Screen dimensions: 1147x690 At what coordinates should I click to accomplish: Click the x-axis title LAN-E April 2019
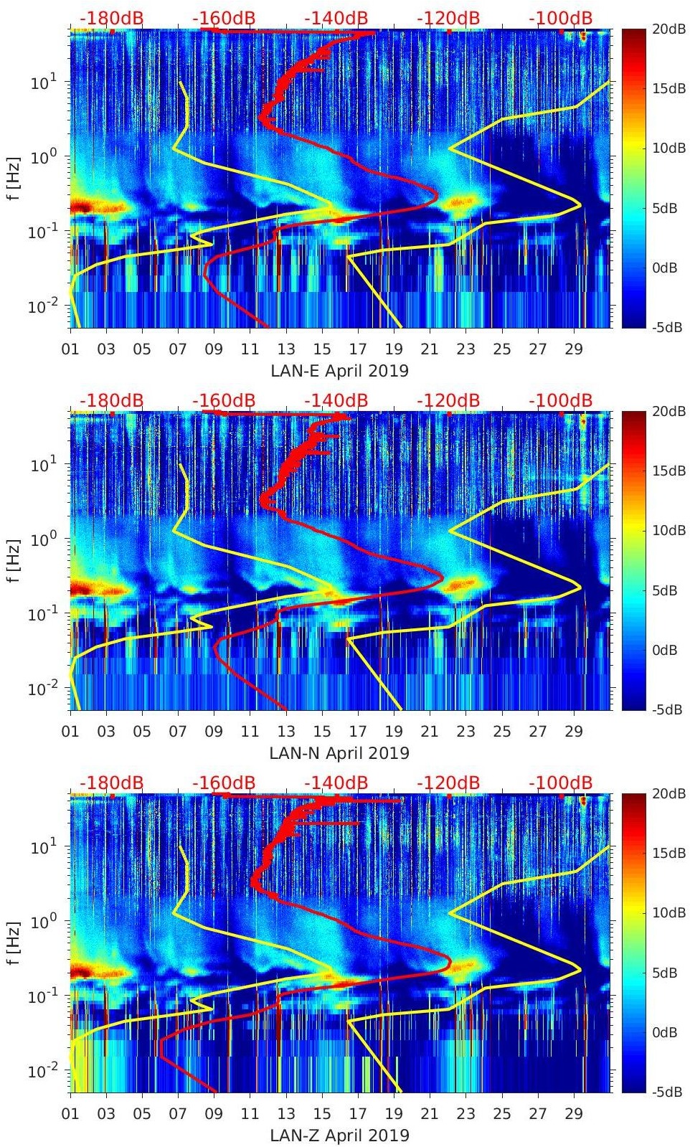pyautogui.click(x=339, y=371)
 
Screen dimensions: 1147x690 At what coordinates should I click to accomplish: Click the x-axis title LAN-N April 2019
pyautogui.click(x=339, y=753)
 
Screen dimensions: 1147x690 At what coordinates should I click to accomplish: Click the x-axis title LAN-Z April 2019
pyautogui.click(x=339, y=1136)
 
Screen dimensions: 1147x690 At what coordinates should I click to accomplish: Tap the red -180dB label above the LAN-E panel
pyautogui.click(x=111, y=18)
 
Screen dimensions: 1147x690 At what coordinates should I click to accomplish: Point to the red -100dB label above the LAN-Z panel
pyautogui.click(x=561, y=783)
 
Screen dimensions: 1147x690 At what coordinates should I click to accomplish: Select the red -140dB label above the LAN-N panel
pyautogui.click(x=336, y=400)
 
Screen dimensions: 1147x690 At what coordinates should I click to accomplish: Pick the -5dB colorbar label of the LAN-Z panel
pyautogui.click(x=666, y=1092)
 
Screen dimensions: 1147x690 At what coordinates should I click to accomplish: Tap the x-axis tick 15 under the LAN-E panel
pyautogui.click(x=322, y=349)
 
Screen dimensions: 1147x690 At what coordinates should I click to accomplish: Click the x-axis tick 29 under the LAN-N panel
pyautogui.click(x=574, y=732)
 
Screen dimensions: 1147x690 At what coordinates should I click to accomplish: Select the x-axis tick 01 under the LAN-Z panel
pyautogui.click(x=70, y=1114)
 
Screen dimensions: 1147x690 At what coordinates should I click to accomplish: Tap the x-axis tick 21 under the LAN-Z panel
pyautogui.click(x=430, y=1114)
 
